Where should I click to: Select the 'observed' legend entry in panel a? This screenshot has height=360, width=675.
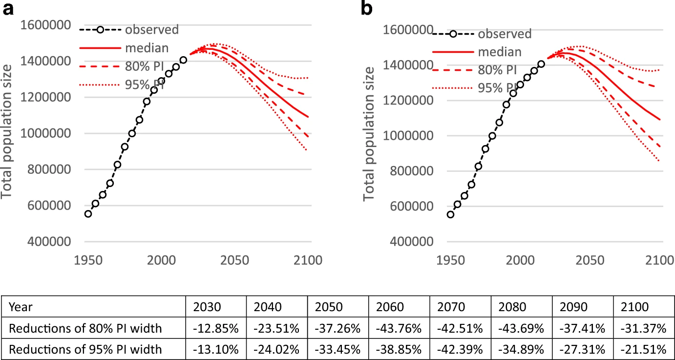pos(151,29)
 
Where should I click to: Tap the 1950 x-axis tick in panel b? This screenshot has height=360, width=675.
pos(450,260)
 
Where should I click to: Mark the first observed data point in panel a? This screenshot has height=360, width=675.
pos(88,214)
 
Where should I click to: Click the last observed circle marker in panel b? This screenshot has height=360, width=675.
pos(541,64)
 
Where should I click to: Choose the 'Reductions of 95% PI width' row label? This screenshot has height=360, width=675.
pos(85,349)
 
